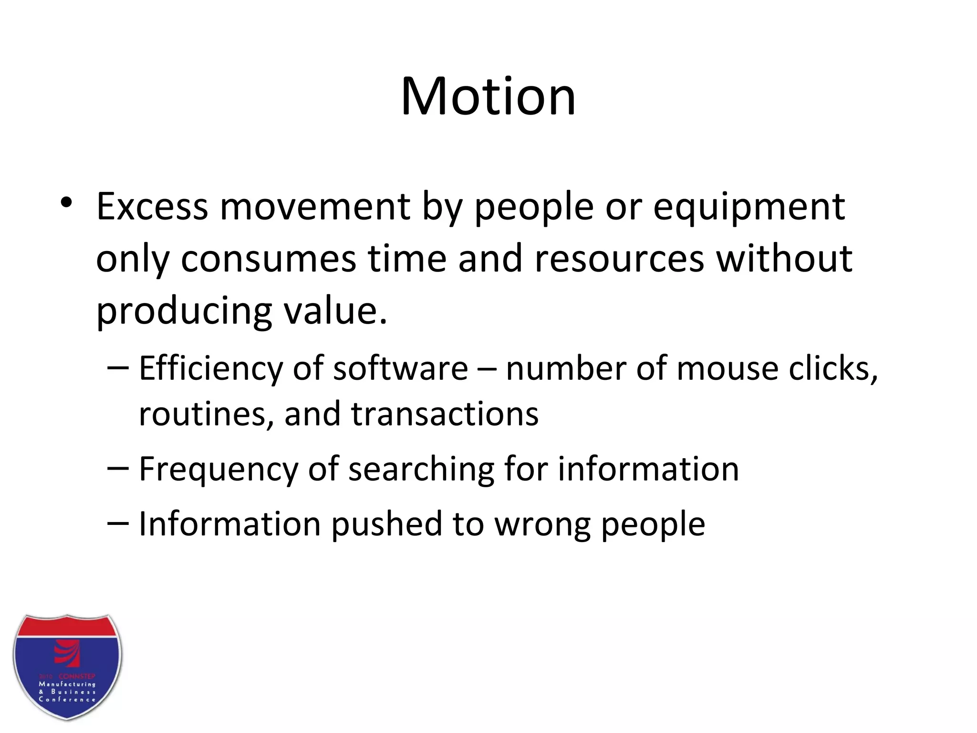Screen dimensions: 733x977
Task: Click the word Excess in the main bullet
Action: point(152,207)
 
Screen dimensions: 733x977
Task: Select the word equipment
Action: point(748,208)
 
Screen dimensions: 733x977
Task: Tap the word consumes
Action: point(268,259)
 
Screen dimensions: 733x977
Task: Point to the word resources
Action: point(619,259)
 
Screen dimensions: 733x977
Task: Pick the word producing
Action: point(184,311)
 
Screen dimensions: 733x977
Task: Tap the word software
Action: point(400,369)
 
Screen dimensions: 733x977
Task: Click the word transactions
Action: point(445,413)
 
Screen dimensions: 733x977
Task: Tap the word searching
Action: point(421,470)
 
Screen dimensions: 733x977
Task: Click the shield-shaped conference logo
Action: point(67,667)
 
